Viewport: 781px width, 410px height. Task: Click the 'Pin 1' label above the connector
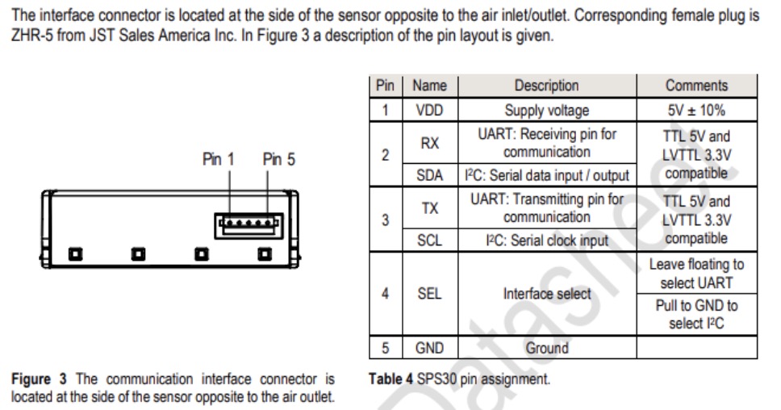pyautogui.click(x=217, y=160)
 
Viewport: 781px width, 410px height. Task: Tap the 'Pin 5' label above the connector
pyautogui.click(x=278, y=160)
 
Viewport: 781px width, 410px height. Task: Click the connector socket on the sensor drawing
pyautogui.click(x=248, y=224)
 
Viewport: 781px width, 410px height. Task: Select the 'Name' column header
pyautogui.click(x=429, y=86)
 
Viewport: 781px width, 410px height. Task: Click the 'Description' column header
pyautogui.click(x=546, y=86)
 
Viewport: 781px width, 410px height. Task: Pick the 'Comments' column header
pyautogui.click(x=696, y=86)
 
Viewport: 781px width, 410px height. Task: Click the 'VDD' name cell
pyautogui.click(x=429, y=110)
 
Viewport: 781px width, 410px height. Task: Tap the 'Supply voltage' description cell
pyautogui.click(x=546, y=110)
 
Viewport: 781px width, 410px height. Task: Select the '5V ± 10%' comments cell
pyautogui.click(x=696, y=110)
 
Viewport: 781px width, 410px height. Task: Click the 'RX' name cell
pyautogui.click(x=429, y=143)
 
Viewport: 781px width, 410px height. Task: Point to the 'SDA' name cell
pyautogui.click(x=429, y=175)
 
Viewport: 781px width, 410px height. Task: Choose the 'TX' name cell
pyautogui.click(x=429, y=208)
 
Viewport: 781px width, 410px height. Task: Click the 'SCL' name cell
pyautogui.click(x=429, y=241)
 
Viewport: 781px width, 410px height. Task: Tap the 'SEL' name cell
pyautogui.click(x=429, y=294)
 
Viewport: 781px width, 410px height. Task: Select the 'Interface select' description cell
pyautogui.click(x=546, y=294)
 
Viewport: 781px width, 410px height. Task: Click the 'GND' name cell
pyautogui.click(x=429, y=348)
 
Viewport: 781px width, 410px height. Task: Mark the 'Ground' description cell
pyautogui.click(x=546, y=348)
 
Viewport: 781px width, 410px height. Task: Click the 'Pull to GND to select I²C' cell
pyautogui.click(x=696, y=315)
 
